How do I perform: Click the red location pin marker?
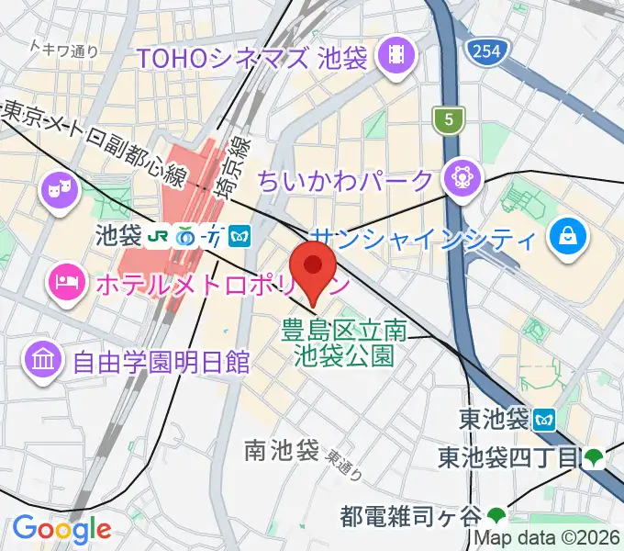pyautogui.click(x=313, y=267)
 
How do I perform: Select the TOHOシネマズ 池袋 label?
pyautogui.click(x=251, y=59)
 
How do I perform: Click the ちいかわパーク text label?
pyautogui.click(x=358, y=178)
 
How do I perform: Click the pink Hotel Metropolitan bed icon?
pyautogui.click(x=65, y=276)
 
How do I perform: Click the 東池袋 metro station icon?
pyautogui.click(x=545, y=420)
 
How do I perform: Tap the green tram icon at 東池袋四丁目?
pyautogui.click(x=594, y=456)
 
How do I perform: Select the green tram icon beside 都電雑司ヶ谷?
pyautogui.click(x=496, y=515)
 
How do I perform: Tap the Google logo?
pyautogui.click(x=61, y=528)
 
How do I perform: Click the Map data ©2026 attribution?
pyautogui.click(x=547, y=539)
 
